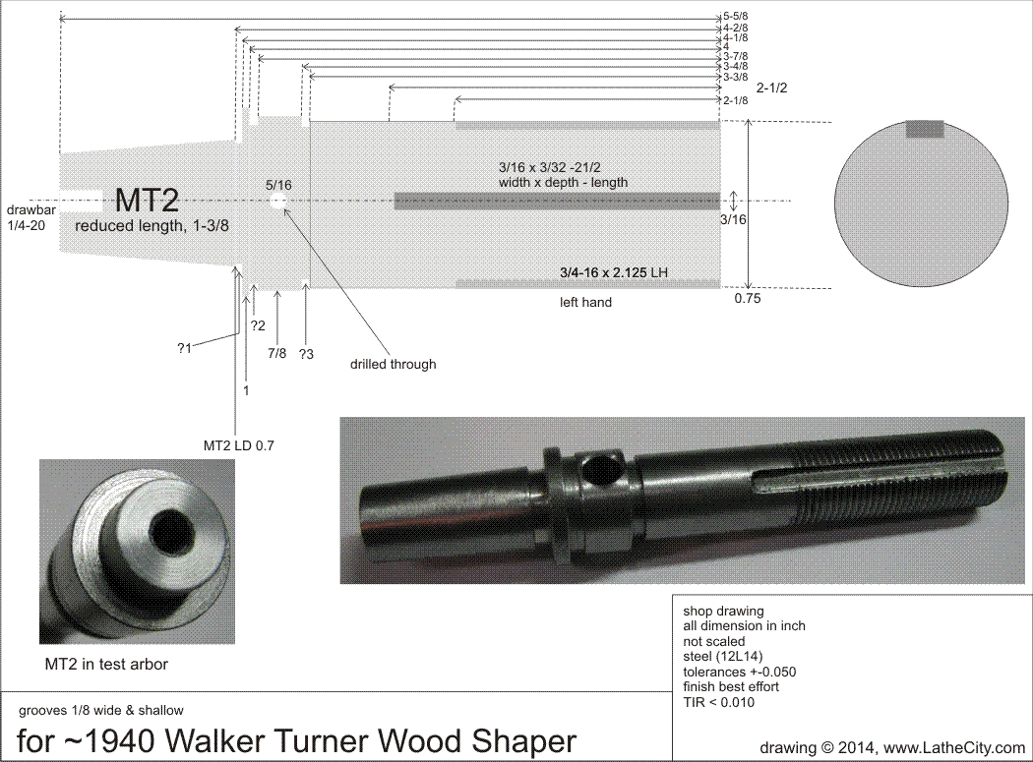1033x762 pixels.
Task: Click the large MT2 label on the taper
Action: pos(147,202)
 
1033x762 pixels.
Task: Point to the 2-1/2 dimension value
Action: pos(772,88)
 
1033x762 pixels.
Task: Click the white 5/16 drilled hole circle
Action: pos(278,201)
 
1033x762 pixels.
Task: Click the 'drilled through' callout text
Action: pos(393,364)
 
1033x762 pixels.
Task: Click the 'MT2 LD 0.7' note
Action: pos(238,445)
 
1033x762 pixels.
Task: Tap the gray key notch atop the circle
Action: pos(924,128)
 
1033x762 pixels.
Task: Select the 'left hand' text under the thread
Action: pos(585,303)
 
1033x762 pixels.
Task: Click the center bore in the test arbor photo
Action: pos(162,531)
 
